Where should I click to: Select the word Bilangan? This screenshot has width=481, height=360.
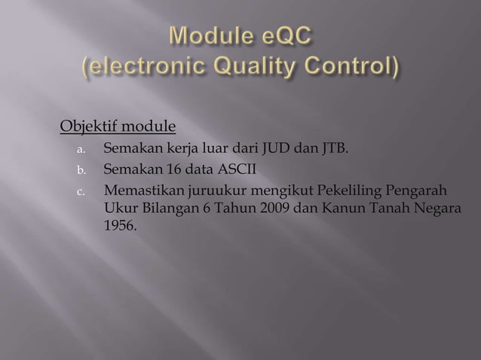[x=164, y=207]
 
